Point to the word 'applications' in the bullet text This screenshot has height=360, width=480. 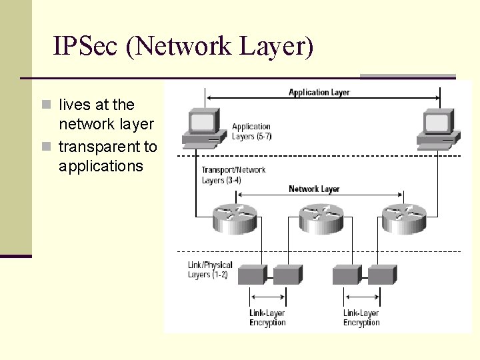(x=101, y=166)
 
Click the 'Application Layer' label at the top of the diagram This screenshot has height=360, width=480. (x=319, y=92)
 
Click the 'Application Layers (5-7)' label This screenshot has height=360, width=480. (x=251, y=131)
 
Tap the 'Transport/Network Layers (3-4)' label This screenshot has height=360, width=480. (x=233, y=175)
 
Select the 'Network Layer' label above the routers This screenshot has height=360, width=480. (x=314, y=189)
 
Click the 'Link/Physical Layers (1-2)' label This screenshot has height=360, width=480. (x=210, y=270)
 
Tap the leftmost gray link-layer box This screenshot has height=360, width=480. (x=252, y=274)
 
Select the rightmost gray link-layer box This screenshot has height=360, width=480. (x=383, y=274)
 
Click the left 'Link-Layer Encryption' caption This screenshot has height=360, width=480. (x=267, y=318)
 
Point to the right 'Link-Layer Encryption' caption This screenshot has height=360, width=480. (x=361, y=318)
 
